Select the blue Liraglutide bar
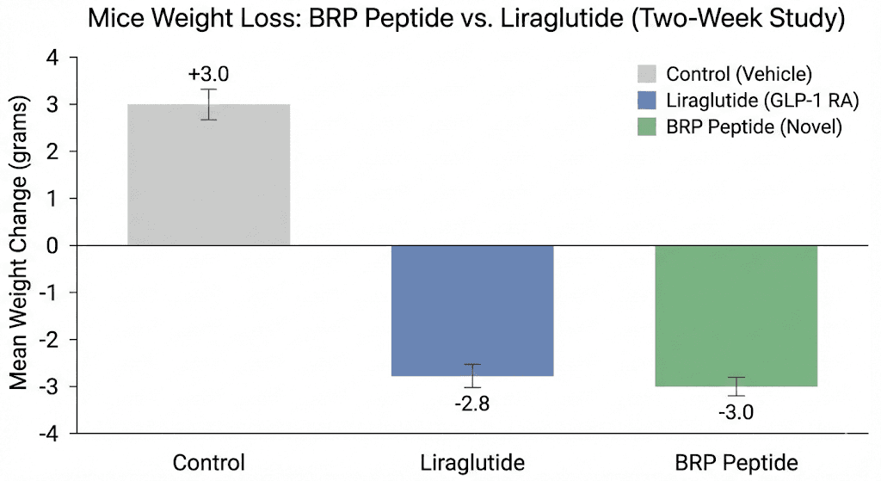(x=472, y=311)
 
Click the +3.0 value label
(x=208, y=73)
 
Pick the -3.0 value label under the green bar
(x=736, y=413)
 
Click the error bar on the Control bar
(x=208, y=104)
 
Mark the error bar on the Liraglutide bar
(x=472, y=376)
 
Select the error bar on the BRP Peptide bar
(x=736, y=386)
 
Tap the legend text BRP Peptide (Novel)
(x=753, y=127)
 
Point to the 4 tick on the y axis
(x=52, y=59)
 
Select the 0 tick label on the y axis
(x=52, y=246)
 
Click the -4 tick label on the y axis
(x=47, y=434)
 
